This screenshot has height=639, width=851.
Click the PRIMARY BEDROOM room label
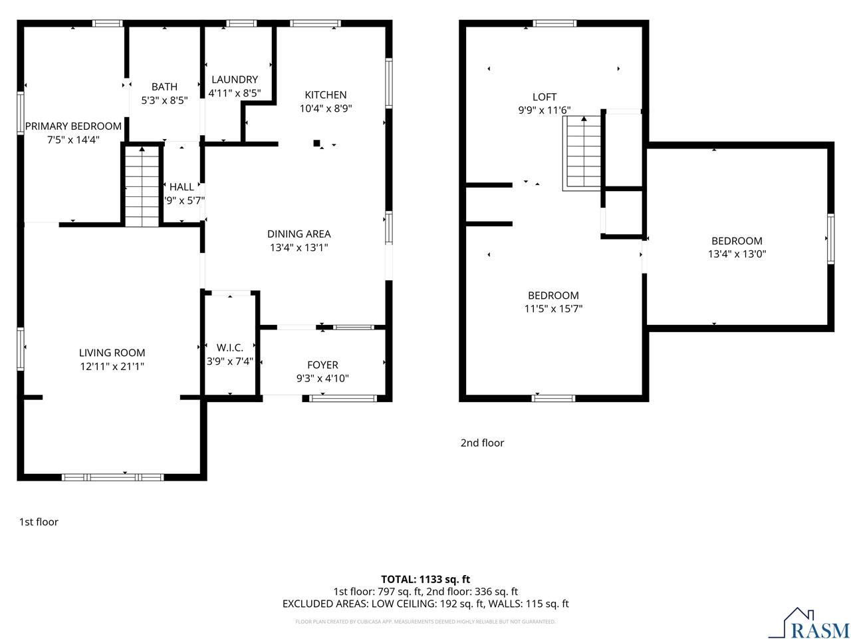[x=73, y=126]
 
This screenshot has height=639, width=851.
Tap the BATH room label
[x=164, y=87]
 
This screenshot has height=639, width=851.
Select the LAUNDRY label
[x=234, y=79]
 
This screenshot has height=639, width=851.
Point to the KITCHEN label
[x=325, y=95]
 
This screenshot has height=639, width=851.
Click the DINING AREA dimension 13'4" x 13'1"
[x=299, y=247]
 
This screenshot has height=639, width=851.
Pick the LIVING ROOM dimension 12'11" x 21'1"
[x=112, y=366]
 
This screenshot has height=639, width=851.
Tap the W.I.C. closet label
[x=230, y=347]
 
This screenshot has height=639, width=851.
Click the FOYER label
[x=322, y=365]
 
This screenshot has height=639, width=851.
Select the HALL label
[x=182, y=187]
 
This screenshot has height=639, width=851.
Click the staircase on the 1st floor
[x=142, y=187]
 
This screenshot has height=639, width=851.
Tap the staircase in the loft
[x=583, y=152]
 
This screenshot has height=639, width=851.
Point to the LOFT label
[x=545, y=97]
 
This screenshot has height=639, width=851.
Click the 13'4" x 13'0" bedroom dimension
[x=737, y=254]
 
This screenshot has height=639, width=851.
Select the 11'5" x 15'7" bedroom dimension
[x=553, y=308]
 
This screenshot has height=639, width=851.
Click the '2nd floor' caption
[x=482, y=443]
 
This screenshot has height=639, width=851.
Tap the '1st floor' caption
[x=39, y=522]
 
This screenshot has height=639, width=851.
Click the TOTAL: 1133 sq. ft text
[x=425, y=579]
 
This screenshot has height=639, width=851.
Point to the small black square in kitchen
[x=317, y=142]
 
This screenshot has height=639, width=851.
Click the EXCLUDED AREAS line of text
[x=425, y=604]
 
